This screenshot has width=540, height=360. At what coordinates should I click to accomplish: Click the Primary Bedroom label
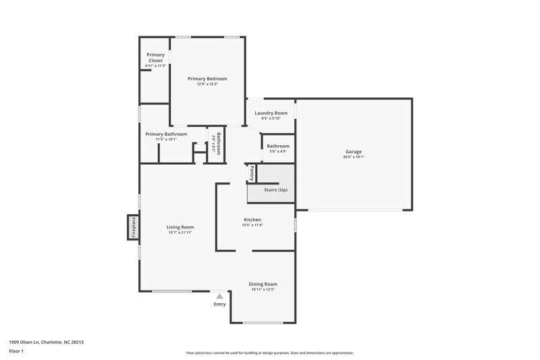(x=207, y=79)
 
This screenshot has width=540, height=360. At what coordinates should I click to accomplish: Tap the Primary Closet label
(x=155, y=57)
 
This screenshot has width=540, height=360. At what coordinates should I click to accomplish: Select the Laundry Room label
(x=271, y=113)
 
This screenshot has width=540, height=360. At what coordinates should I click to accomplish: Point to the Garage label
(x=354, y=152)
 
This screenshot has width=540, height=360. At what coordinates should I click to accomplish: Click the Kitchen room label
(x=252, y=220)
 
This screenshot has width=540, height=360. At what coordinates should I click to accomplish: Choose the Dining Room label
(x=263, y=284)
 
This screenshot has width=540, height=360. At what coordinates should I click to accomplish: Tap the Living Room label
(x=180, y=227)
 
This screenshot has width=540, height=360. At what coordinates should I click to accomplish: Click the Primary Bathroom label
(x=166, y=134)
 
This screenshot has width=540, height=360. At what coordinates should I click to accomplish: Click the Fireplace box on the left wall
(x=132, y=228)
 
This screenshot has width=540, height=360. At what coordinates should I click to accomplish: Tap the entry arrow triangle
(x=219, y=296)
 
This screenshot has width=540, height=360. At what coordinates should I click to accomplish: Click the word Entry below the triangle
(x=219, y=304)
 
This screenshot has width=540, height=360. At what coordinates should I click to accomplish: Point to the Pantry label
(x=252, y=172)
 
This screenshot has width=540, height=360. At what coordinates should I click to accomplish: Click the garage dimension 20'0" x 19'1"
(x=354, y=157)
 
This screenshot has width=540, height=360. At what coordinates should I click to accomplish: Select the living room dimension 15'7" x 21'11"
(x=180, y=232)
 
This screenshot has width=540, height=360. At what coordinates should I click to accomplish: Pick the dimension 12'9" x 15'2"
(x=207, y=84)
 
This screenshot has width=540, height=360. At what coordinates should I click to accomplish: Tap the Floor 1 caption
(x=16, y=351)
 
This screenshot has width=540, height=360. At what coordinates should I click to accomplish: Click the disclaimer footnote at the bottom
(x=269, y=353)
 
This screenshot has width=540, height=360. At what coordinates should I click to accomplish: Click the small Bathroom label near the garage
(x=278, y=146)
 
